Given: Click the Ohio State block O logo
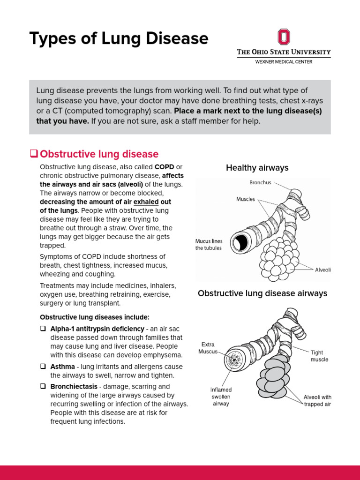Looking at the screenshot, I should tap(284, 37).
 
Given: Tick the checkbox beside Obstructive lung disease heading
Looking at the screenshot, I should tap(33, 154).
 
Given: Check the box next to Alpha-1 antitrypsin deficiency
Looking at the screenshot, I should tap(43, 329).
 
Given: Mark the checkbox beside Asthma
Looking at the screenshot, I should tap(43, 367).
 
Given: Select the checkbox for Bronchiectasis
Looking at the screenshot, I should tap(43, 387).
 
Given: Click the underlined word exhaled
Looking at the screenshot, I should tap(146, 202).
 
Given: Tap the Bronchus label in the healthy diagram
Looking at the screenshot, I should tap(260, 182).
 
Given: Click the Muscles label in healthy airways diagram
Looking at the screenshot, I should tap(246, 199).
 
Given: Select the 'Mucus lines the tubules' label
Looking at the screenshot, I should tap(209, 244).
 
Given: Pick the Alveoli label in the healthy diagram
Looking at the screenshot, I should tap(322, 270).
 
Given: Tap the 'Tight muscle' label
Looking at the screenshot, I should tap(319, 356).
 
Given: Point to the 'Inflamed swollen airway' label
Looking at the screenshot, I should tap(221, 397).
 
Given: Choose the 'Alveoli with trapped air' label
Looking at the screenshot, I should tap(317, 401).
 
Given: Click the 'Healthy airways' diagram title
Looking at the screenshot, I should tap(257, 168).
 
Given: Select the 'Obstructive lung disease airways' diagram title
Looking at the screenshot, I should tap(262, 293).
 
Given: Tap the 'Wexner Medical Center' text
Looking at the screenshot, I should tap(284, 62).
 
